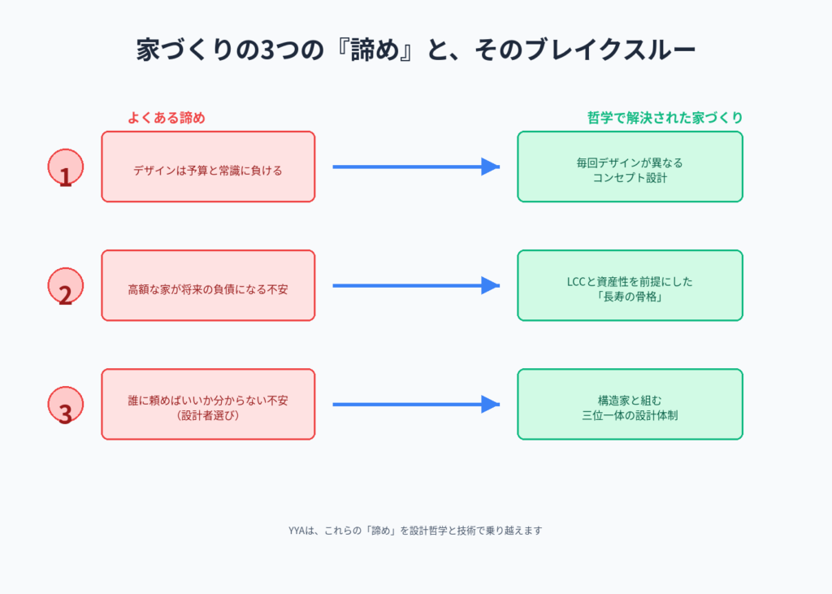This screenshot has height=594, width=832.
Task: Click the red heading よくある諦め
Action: click(166, 118)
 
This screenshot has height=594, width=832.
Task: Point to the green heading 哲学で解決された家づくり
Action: click(665, 118)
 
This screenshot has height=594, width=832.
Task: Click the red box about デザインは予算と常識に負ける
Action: click(208, 167)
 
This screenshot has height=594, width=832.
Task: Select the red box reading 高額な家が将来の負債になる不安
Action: click(208, 285)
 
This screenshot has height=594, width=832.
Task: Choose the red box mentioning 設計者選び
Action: click(208, 404)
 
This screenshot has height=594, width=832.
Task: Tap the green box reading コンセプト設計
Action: click(630, 167)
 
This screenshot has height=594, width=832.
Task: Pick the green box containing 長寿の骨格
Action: click(630, 285)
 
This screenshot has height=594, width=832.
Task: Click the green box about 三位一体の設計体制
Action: click(630, 404)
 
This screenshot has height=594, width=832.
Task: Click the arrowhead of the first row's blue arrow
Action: click(490, 167)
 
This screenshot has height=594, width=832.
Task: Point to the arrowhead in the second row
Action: click(490, 285)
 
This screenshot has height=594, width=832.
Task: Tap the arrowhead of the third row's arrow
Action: click(490, 404)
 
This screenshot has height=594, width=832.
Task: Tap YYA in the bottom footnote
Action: click(296, 531)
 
